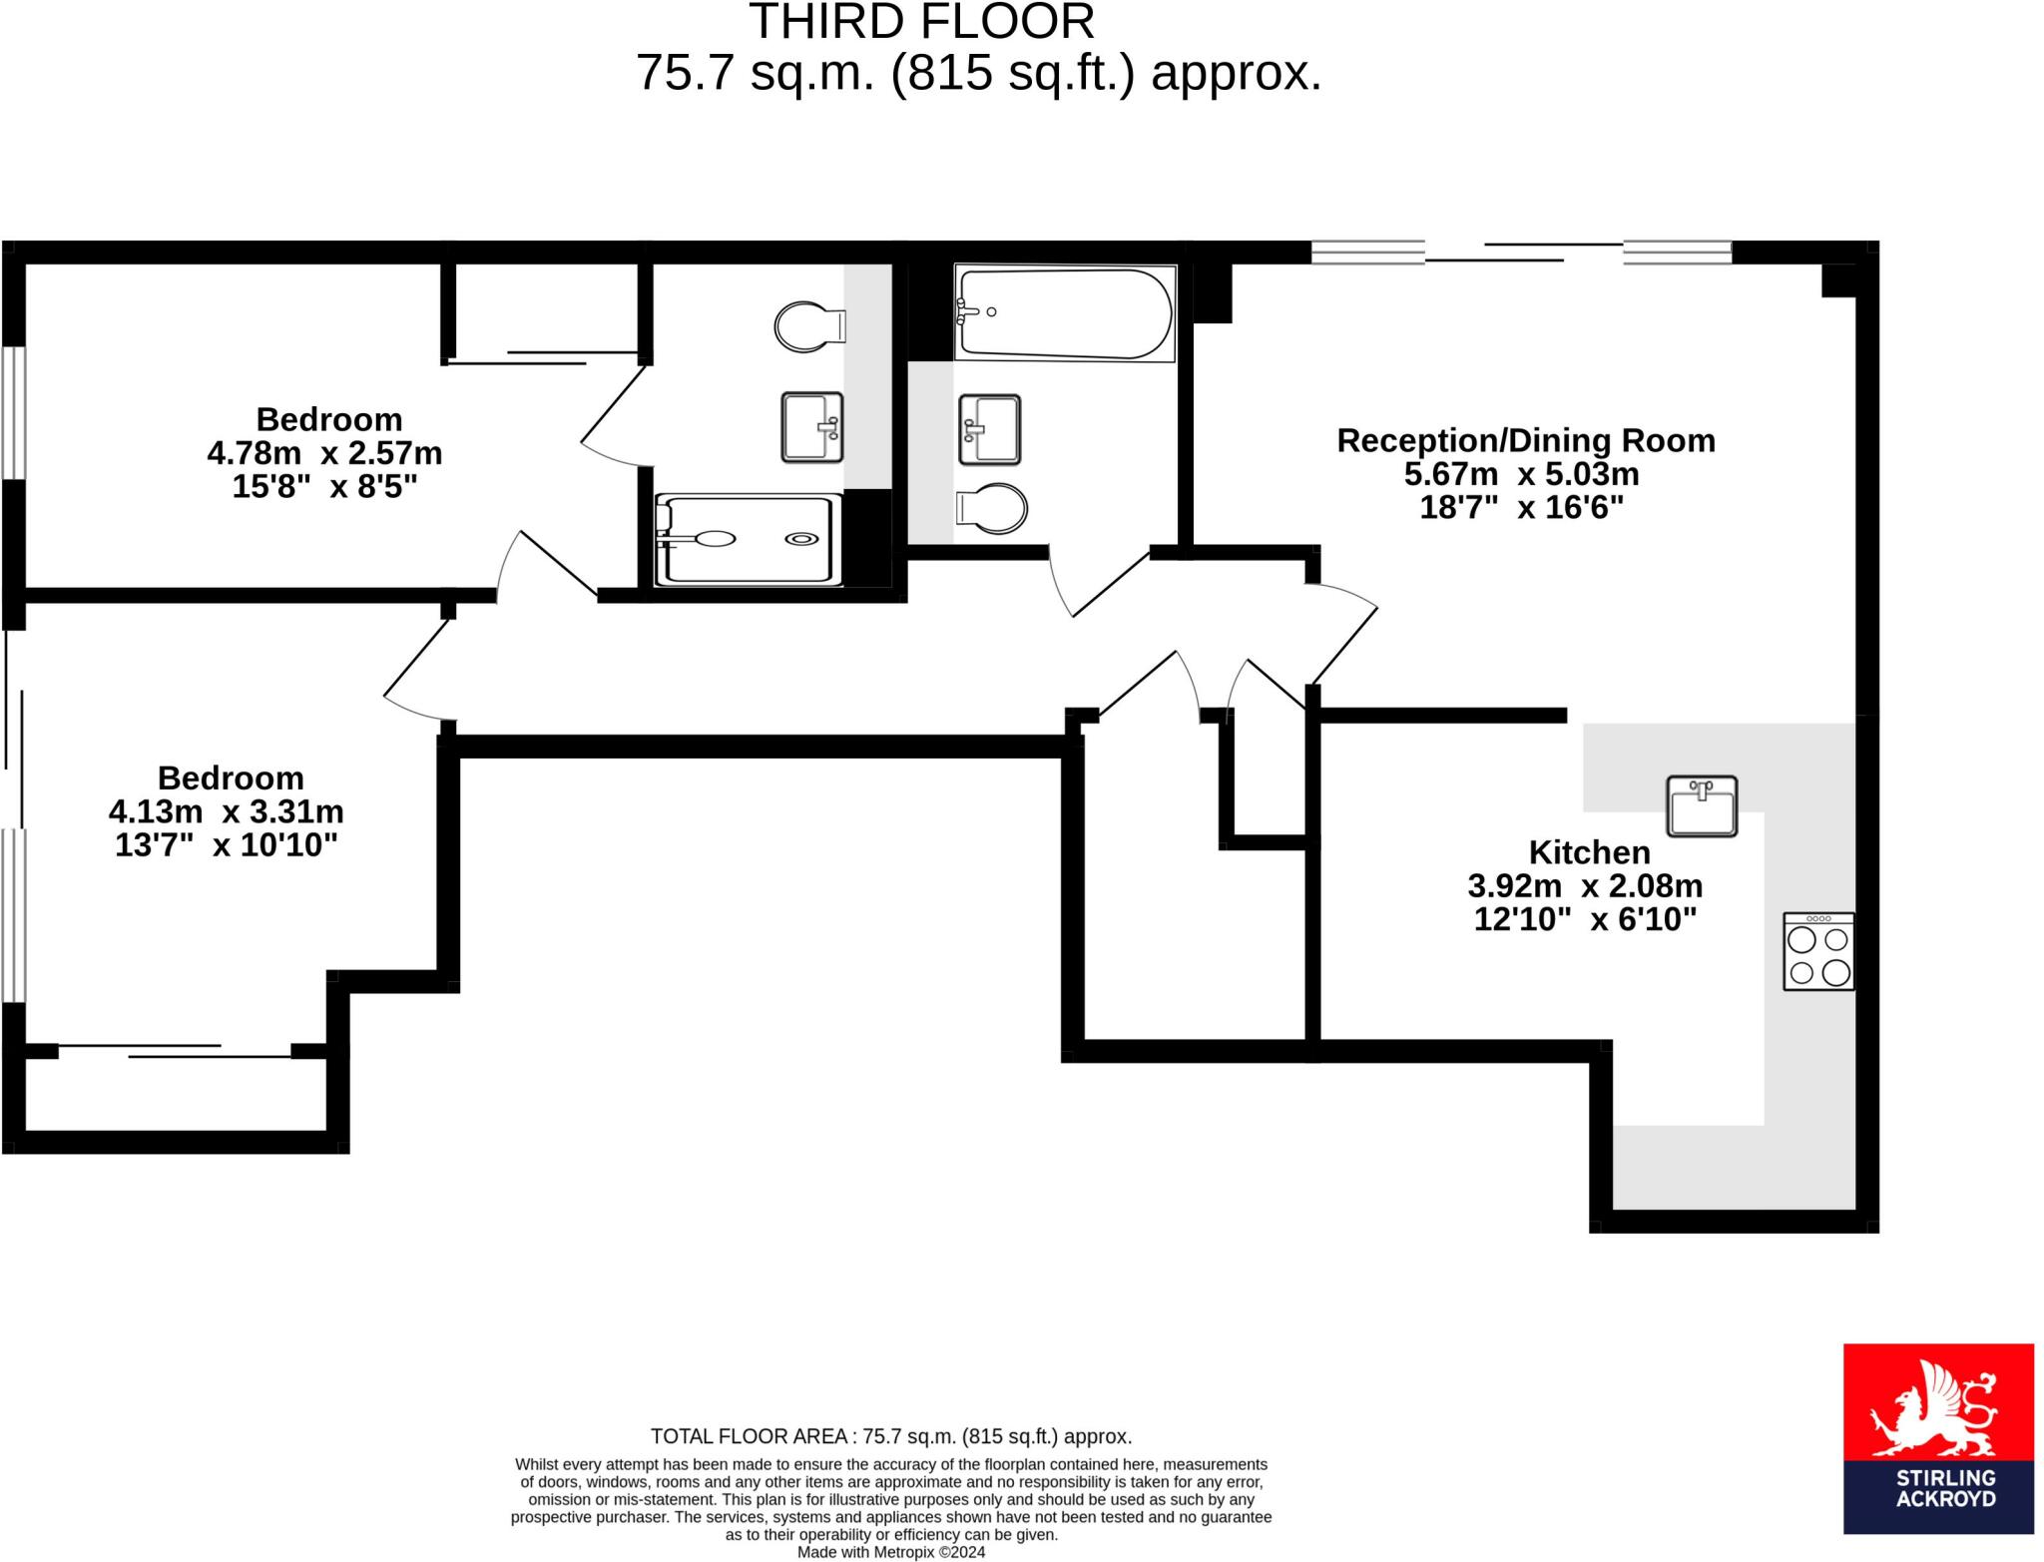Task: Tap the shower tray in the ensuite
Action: [x=744, y=540]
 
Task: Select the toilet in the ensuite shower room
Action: [x=809, y=326]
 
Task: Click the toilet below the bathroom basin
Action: [x=991, y=509]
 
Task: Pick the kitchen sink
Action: [x=1702, y=805]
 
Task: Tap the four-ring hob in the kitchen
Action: [x=1818, y=951]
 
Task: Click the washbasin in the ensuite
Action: [x=811, y=427]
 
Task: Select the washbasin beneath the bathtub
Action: [x=989, y=430]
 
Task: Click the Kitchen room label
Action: [x=1589, y=852]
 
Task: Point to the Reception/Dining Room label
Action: [x=1525, y=440]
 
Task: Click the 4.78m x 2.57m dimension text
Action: [x=324, y=453]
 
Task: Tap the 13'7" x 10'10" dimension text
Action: [x=227, y=845]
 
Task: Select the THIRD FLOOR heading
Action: [x=921, y=21]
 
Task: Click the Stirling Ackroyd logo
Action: [x=1937, y=1452]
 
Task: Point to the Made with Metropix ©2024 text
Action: [x=890, y=1552]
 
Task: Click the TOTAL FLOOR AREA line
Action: [x=890, y=1436]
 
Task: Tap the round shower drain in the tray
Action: [x=800, y=540]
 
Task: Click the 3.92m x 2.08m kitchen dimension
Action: [x=1585, y=885]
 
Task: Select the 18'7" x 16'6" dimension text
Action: [x=1521, y=508]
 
